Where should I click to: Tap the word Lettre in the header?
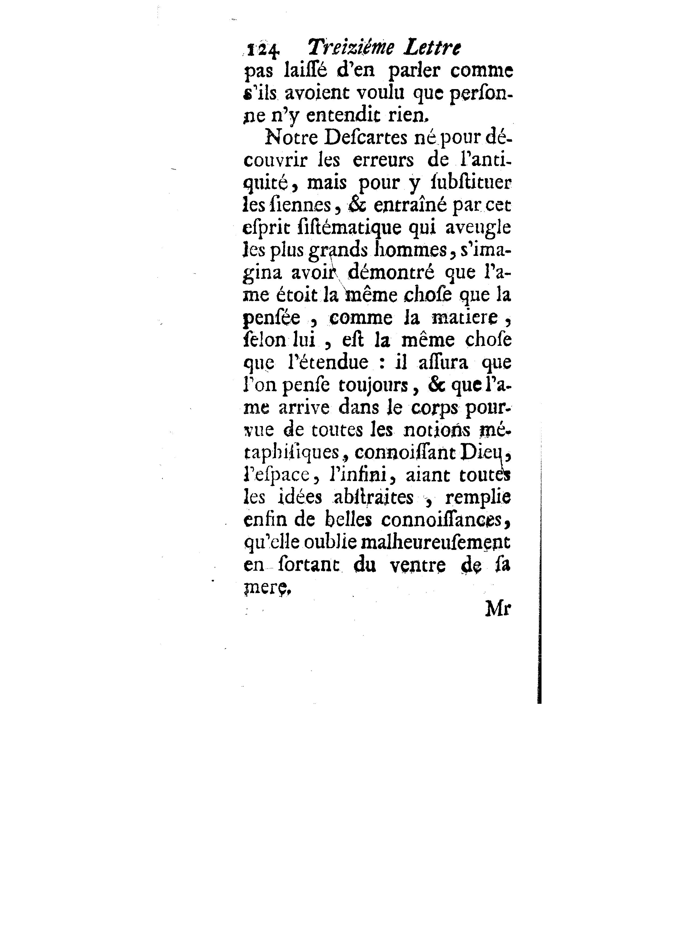pos(431,48)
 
